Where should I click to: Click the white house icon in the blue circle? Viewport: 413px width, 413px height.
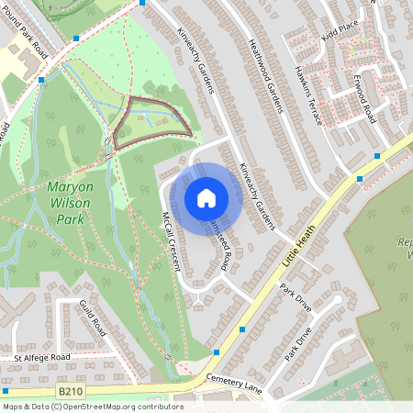click(206, 197)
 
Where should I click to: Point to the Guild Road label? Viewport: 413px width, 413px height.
click(94, 317)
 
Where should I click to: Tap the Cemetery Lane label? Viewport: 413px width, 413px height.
click(234, 384)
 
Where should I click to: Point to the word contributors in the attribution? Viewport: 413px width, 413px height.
click(162, 407)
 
